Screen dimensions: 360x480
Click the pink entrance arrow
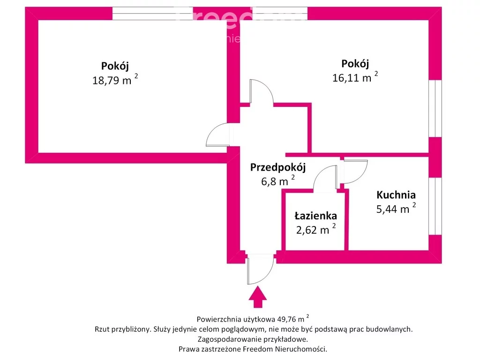pyautogui.click(x=257, y=298)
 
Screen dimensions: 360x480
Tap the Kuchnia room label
pyautogui.click(x=396, y=195)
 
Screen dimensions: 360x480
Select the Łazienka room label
pyautogui.click(x=315, y=216)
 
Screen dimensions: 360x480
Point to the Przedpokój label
pyautogui.click(x=277, y=167)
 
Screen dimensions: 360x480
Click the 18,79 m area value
pyautogui.click(x=112, y=80)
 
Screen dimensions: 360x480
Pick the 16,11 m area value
pyautogui.click(x=352, y=78)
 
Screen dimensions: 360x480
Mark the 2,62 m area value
pyautogui.click(x=313, y=230)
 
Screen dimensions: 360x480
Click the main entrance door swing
pyautogui.click(x=260, y=269)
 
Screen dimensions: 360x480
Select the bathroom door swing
pyautogui.click(x=325, y=178)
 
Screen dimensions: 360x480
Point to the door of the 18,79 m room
pyautogui.click(x=218, y=135)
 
